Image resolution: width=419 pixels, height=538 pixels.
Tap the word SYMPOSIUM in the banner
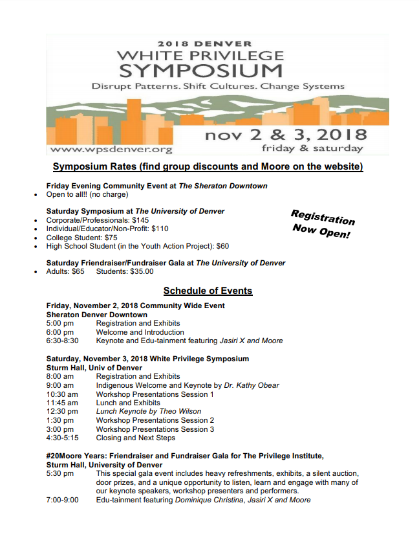[201, 70]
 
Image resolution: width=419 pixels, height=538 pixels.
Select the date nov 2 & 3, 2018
[286, 135]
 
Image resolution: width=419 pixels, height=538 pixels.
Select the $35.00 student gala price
[140, 272]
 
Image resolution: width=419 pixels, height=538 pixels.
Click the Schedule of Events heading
[208, 291]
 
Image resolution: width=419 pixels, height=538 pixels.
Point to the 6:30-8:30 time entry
[62, 341]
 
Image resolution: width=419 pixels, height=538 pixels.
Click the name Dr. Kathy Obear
[252, 385]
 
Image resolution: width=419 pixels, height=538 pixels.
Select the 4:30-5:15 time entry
[62, 438]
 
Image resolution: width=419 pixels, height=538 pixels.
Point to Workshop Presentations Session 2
[155, 420]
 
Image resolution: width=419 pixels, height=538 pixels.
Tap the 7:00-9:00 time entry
[62, 500]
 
